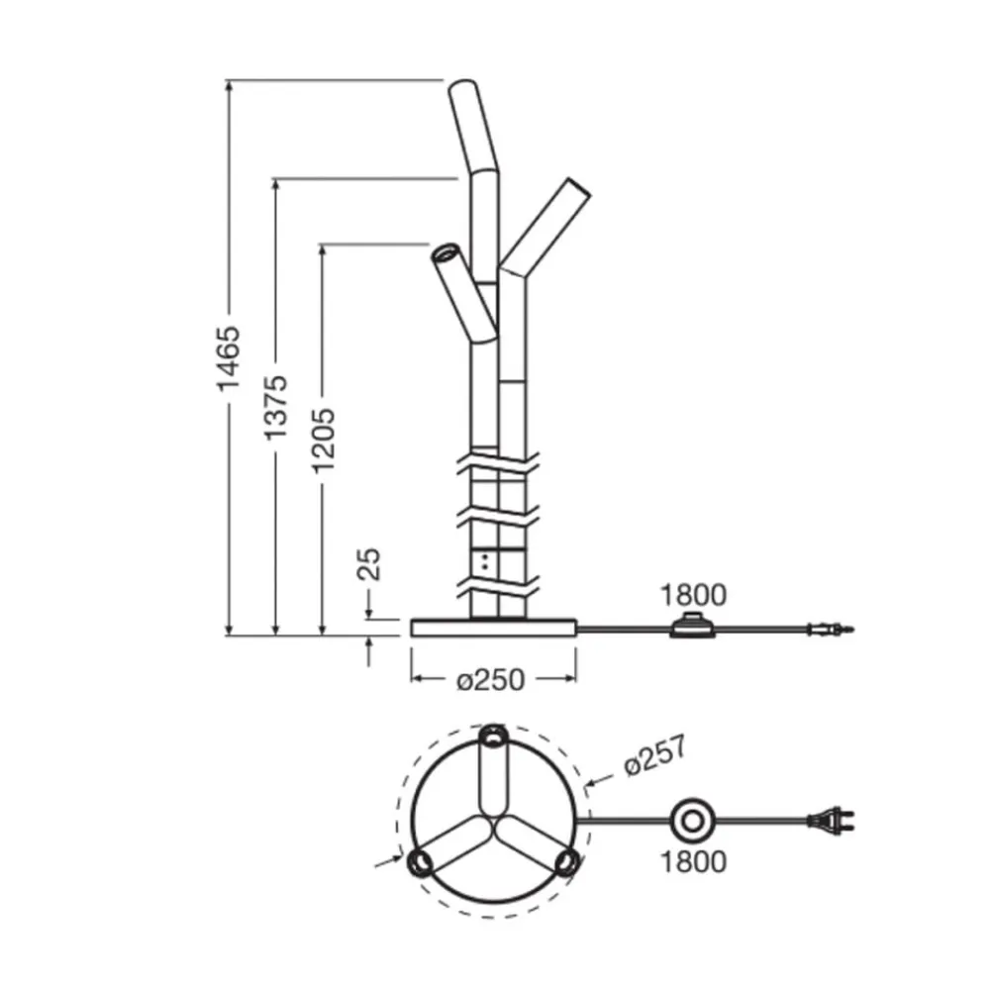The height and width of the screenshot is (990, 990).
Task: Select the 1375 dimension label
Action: click(x=276, y=407)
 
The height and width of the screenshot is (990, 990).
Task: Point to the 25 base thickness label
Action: click(x=368, y=563)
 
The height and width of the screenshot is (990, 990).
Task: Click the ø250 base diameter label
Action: click(x=492, y=680)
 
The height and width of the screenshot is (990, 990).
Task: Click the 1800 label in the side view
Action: click(x=693, y=595)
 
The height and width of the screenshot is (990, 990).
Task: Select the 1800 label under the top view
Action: click(x=693, y=861)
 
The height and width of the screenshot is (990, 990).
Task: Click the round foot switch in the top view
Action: click(x=692, y=821)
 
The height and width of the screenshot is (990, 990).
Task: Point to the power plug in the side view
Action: click(x=830, y=628)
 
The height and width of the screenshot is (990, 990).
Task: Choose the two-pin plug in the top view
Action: click(x=833, y=820)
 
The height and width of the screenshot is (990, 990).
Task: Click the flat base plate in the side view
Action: click(x=493, y=628)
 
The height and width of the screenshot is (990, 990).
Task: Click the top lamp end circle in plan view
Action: click(x=493, y=738)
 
